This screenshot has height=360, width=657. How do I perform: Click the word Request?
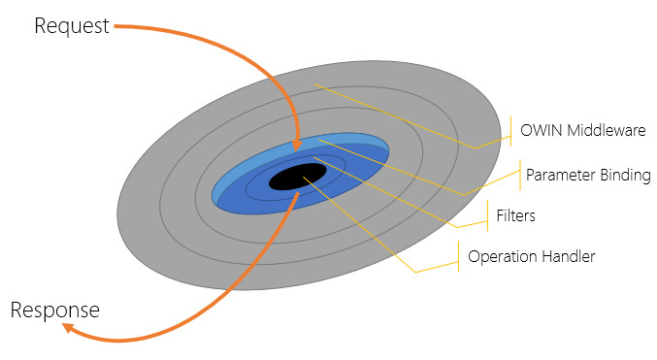(72, 26)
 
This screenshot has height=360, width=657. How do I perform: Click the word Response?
(55, 311)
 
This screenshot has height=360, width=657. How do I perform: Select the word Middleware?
(607, 130)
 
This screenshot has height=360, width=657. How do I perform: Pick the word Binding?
(625, 176)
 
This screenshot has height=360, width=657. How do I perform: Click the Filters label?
(515, 215)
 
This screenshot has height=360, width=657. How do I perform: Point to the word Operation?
(502, 257)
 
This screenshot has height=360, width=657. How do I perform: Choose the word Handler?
(568, 256)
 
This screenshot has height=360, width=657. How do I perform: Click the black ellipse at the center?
(298, 177)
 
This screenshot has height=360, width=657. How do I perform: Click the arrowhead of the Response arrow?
(69, 328)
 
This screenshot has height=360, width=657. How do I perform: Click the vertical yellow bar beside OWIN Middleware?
(510, 131)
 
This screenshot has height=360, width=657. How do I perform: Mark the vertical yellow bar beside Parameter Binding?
(520, 175)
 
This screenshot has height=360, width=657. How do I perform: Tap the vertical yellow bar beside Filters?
(488, 215)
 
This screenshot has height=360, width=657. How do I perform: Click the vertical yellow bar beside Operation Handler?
(459, 256)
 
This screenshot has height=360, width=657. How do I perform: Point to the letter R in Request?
(40, 26)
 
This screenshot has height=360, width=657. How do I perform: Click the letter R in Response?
(16, 311)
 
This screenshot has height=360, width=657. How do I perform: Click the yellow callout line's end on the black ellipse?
(304, 178)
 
